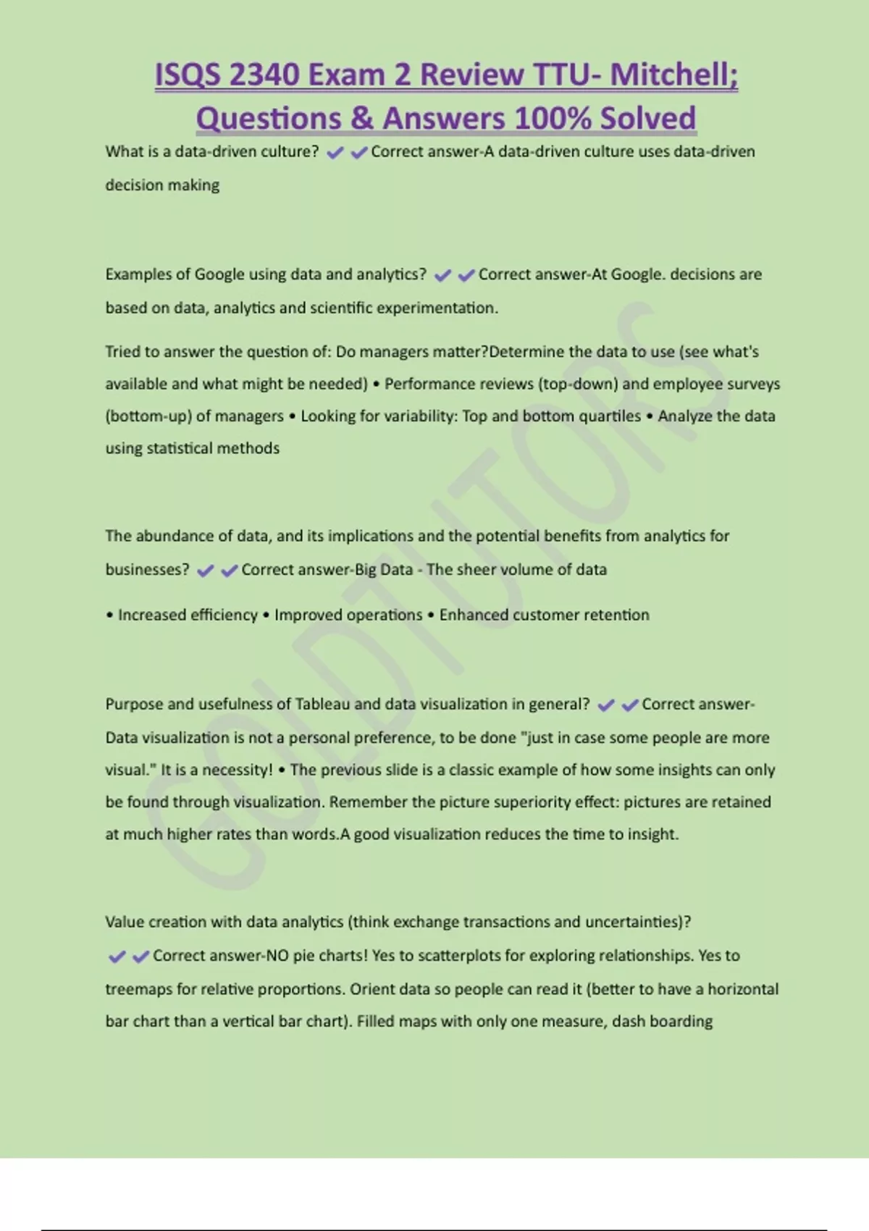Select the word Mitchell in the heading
click(670, 75)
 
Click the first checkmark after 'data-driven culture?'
click(335, 153)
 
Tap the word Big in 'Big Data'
click(365, 570)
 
